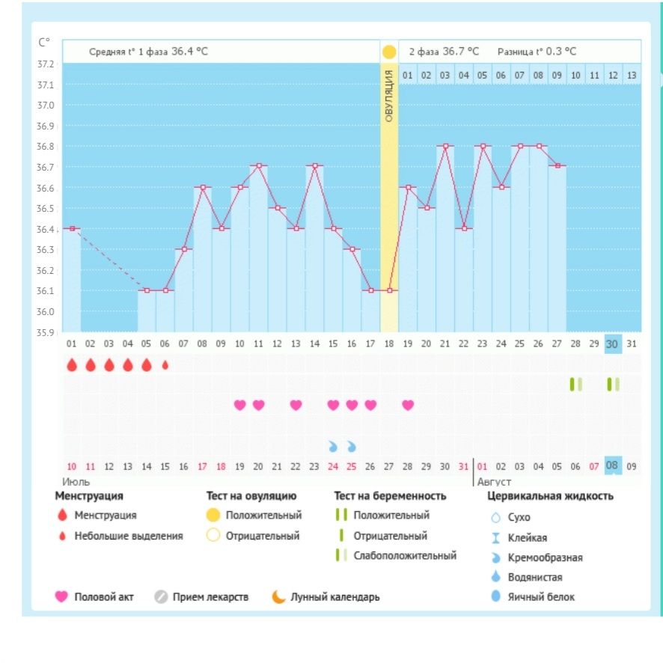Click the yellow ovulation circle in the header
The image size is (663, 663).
[389, 52]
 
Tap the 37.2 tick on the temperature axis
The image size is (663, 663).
[46, 64]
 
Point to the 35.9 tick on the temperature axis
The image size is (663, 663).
[46, 331]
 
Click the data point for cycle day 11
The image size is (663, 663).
[258, 166]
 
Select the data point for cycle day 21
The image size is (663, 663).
[445, 146]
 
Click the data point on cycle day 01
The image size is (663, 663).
[72, 228]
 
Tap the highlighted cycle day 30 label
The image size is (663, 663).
[613, 343]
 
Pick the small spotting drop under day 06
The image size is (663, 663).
[165, 365]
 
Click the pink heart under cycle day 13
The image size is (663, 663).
[296, 405]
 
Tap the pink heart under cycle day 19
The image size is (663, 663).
[408, 405]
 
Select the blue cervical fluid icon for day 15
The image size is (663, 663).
[333, 447]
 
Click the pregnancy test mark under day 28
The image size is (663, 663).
[575, 384]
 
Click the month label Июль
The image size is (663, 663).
[76, 481]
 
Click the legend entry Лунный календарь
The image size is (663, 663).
[334, 597]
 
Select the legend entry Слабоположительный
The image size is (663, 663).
[405, 556]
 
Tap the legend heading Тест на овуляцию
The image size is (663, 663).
[251, 495]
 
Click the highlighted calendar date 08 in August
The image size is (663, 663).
[613, 466]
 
